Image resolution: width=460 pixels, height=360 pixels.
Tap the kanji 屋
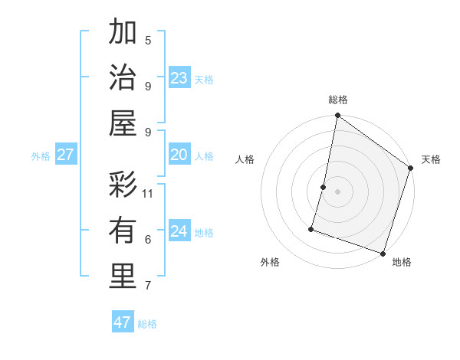[123, 123]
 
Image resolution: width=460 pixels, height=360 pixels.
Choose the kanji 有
[123, 231]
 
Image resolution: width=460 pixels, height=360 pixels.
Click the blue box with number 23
[179, 77]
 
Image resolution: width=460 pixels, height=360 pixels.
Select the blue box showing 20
[179, 155]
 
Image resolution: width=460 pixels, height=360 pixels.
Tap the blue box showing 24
[179, 231]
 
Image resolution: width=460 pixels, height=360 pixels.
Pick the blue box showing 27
[65, 155]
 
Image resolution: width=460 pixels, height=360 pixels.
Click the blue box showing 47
[123, 322]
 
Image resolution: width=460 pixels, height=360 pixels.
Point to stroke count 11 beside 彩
[149, 193]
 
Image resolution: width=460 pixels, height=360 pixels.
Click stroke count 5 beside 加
[148, 40]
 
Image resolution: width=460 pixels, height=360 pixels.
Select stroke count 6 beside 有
[148, 240]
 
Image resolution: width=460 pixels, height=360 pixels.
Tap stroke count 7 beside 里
[148, 286]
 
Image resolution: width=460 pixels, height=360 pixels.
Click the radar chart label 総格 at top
[338, 100]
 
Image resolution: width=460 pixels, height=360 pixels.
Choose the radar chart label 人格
[245, 159]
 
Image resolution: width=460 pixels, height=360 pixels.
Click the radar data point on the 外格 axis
[311, 228]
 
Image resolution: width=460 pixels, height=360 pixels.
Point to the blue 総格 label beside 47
[147, 324]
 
